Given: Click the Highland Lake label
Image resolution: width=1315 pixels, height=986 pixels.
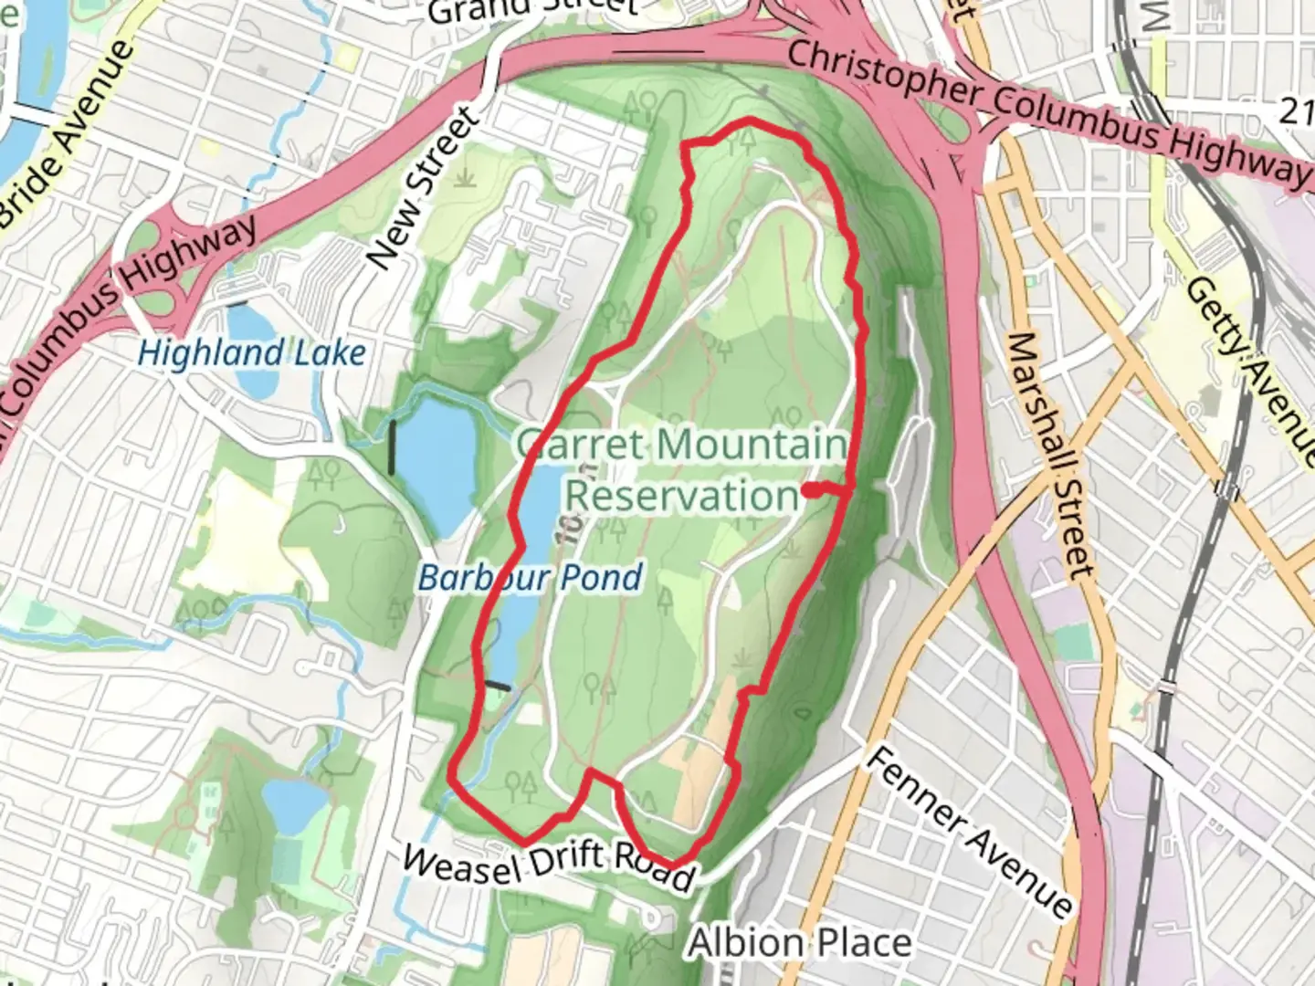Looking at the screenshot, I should click(x=251, y=353).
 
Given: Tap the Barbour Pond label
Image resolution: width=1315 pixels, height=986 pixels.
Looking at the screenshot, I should click(x=530, y=577).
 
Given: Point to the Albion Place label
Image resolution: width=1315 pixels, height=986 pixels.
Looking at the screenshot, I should click(x=799, y=942).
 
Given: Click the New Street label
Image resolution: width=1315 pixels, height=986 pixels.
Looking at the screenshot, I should click(x=422, y=190).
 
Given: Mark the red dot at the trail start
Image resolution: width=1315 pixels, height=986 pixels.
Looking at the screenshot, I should click(x=810, y=490).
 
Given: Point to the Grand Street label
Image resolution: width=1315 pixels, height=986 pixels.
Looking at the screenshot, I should click(x=530, y=9).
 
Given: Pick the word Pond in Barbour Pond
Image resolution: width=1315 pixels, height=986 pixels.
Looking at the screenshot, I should click(x=600, y=577).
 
